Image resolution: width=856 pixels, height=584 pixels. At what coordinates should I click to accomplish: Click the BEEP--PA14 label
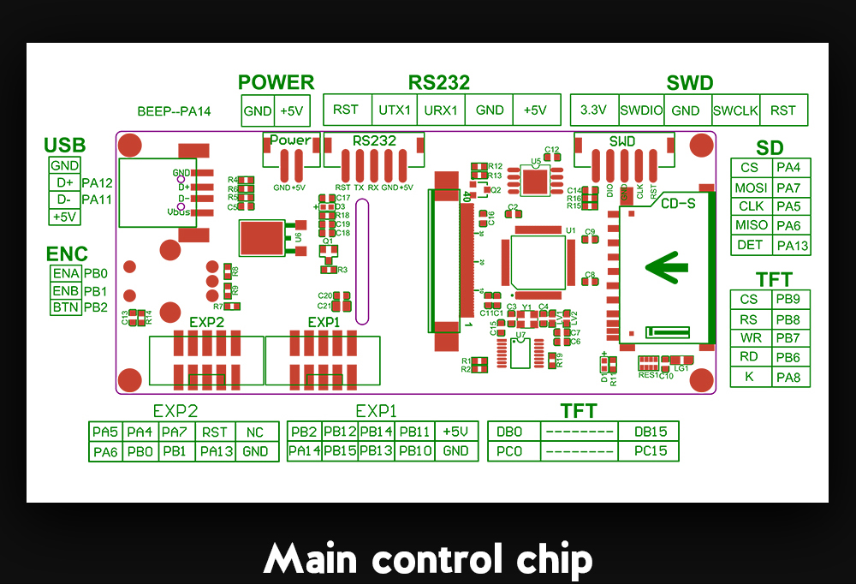point(174,111)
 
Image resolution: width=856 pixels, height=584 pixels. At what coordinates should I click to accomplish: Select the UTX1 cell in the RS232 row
point(395,110)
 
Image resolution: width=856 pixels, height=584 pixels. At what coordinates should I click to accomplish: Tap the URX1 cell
point(442,110)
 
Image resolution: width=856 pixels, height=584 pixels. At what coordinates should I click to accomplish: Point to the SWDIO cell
point(641,110)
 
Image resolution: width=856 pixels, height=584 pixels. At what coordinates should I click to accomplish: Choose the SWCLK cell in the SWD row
point(735,110)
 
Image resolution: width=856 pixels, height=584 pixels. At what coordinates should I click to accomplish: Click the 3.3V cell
point(593,110)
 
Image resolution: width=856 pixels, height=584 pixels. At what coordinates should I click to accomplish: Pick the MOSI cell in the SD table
point(750,188)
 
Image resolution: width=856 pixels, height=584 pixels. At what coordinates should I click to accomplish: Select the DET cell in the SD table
point(750,245)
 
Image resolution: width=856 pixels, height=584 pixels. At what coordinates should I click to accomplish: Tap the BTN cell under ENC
point(66,307)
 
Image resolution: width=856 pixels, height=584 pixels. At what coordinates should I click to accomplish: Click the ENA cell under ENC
point(66,274)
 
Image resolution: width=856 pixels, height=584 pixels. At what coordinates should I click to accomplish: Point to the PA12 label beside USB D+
point(98,182)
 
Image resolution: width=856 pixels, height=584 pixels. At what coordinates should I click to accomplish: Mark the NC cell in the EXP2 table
point(255,432)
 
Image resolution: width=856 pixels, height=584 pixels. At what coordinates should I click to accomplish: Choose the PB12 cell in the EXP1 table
point(340,432)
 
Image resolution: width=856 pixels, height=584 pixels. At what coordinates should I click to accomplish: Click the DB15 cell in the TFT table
point(648,432)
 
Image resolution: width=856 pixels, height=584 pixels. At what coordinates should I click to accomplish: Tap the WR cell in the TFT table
point(750,338)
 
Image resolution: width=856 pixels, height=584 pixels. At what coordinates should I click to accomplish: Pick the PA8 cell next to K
point(788,378)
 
